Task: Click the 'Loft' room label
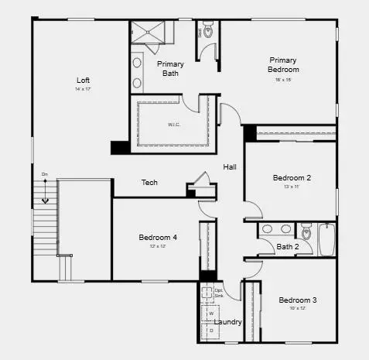(x=83, y=80)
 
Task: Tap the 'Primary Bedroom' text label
(x=284, y=64)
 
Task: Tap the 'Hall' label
(x=230, y=167)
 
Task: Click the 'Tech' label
(x=149, y=183)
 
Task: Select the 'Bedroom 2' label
(x=292, y=177)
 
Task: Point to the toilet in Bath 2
(x=306, y=231)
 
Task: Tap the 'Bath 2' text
(x=289, y=247)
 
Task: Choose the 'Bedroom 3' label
(x=298, y=300)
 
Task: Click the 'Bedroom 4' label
(x=158, y=237)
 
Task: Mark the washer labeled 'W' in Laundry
(x=211, y=314)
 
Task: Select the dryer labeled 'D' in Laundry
(x=211, y=331)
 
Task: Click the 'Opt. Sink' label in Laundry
(x=219, y=293)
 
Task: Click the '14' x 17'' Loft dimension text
(x=83, y=90)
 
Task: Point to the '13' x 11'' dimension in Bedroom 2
(x=292, y=187)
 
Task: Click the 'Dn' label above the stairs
(x=45, y=174)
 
